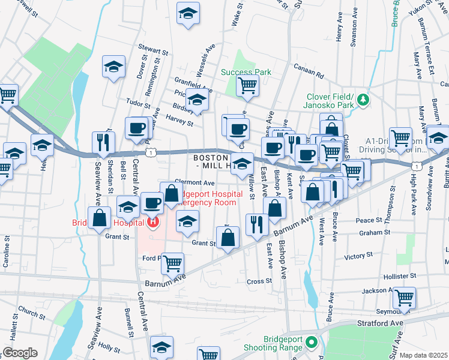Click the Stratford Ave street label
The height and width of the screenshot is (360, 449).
point(381,323)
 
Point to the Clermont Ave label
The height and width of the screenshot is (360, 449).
point(194,182)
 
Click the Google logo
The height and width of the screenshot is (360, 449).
point(20,352)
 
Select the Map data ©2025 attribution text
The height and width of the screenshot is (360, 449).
point(423,355)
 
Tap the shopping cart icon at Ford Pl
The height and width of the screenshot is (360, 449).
point(173,262)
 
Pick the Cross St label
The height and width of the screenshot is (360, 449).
point(259,281)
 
